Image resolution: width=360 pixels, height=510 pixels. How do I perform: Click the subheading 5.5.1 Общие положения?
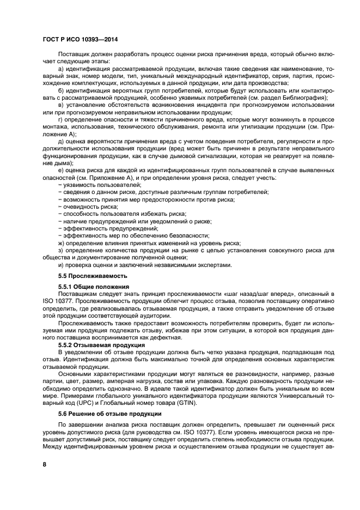93,287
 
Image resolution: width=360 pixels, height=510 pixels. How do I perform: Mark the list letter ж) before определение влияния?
61,243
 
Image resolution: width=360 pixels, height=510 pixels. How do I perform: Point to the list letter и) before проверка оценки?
61,265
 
